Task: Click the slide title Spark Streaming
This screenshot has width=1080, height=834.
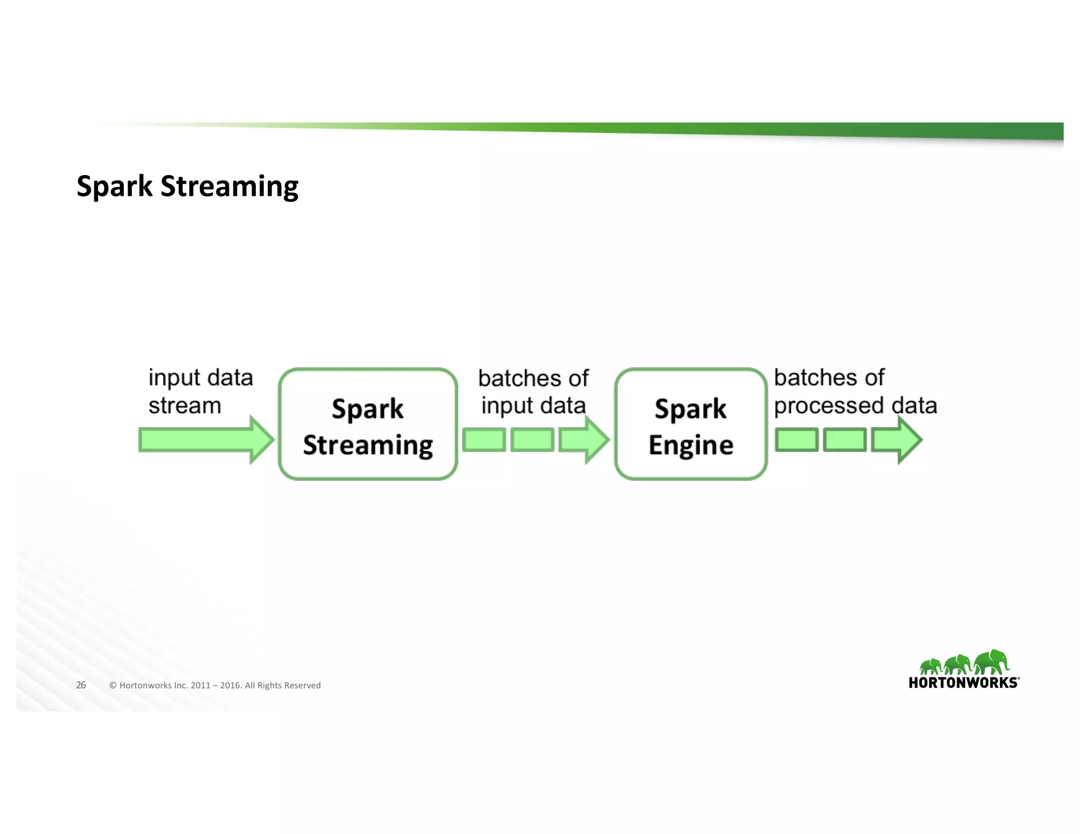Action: [187, 186]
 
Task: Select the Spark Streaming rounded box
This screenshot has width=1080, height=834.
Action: [368, 424]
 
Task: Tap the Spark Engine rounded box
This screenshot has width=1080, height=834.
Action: [690, 424]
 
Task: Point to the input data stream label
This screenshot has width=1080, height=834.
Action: [200, 392]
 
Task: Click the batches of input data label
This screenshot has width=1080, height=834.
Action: [533, 392]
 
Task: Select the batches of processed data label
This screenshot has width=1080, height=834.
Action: [855, 392]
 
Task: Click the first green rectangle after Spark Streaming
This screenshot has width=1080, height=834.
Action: [484, 440]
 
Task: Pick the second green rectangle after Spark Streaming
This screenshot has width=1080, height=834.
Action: [533, 440]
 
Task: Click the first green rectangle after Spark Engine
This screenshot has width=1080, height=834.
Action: [796, 440]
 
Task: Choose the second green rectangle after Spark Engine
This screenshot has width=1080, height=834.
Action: [845, 440]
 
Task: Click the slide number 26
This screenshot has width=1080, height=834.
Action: [81, 685]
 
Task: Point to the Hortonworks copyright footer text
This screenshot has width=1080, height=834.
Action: [215, 685]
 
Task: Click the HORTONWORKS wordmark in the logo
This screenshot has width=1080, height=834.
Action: [963, 683]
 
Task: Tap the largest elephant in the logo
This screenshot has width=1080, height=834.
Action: [991, 662]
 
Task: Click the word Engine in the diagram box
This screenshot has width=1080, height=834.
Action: [690, 445]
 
